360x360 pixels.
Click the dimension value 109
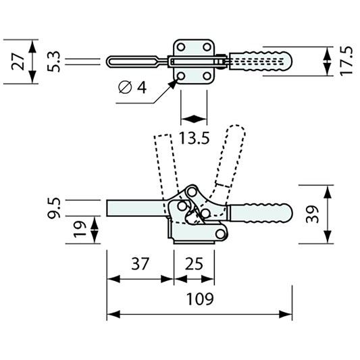[x=200, y=299]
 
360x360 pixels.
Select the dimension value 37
[x=140, y=263]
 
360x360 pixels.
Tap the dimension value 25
[x=194, y=263]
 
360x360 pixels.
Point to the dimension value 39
[x=312, y=214]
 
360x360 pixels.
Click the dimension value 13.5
[x=195, y=138]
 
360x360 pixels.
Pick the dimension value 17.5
[x=346, y=61]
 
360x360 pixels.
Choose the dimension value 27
[x=18, y=61]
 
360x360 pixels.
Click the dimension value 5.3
[x=53, y=61]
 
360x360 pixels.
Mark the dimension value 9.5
[x=53, y=208]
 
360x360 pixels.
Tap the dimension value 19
[x=80, y=229]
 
